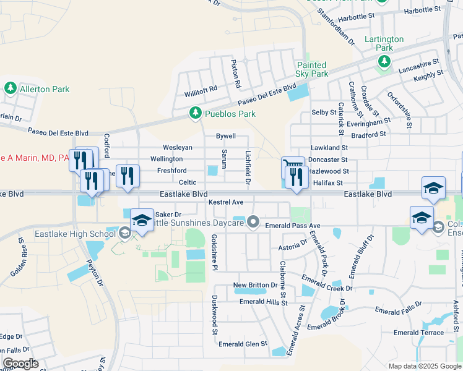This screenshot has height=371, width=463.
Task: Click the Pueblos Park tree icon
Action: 196,113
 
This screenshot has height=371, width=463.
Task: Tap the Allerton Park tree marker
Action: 11,89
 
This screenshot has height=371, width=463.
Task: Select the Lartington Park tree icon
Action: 384,61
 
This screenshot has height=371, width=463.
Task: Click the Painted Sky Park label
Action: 311,69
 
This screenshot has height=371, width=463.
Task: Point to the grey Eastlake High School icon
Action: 125,233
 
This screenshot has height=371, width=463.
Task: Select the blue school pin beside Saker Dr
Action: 142,220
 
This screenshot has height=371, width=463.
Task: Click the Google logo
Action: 20,364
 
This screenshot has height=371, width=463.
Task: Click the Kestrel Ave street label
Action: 226,202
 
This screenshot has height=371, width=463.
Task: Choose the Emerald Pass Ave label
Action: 292,226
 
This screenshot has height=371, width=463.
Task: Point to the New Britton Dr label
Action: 255,285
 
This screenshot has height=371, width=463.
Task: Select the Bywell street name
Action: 225,135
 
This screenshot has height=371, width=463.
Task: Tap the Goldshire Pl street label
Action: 215,252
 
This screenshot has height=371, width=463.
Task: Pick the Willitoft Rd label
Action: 201,88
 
